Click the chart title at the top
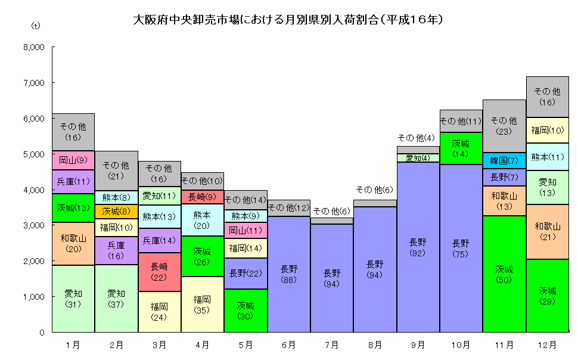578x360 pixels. (289, 19)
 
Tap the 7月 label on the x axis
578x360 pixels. (332, 345)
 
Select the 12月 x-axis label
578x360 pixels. (547, 345)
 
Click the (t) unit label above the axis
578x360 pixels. (36, 27)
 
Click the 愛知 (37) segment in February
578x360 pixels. (116, 298)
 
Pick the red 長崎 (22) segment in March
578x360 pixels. (160, 272)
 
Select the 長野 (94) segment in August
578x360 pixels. (375, 269)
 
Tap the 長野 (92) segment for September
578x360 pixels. (418, 247)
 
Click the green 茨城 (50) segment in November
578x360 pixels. (504, 274)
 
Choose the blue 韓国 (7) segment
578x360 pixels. (504, 160)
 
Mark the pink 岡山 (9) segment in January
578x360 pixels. (73, 160)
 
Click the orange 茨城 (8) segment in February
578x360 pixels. (116, 212)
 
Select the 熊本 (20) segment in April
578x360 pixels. (203, 219)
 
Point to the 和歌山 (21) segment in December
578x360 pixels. (547, 231)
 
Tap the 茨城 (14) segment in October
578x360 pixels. (461, 148)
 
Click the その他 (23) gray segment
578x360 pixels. (504, 126)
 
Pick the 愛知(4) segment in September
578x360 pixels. (418, 158)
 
